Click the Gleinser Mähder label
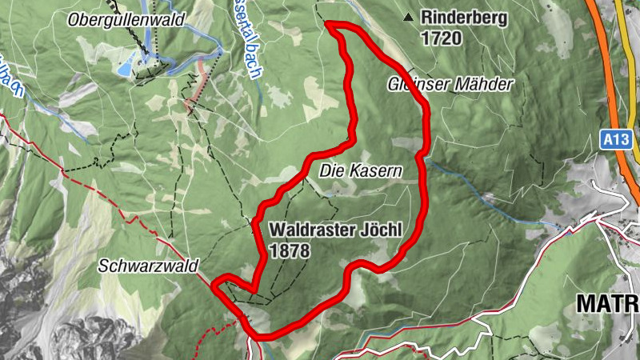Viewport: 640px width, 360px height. tap(450, 83)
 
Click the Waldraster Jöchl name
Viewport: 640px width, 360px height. tap(334, 230)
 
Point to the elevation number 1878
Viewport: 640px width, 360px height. tap(289, 250)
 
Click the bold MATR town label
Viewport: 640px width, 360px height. tap(606, 302)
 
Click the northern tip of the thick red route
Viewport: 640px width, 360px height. tap(330, 25)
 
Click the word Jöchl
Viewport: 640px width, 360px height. tap(378, 230)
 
